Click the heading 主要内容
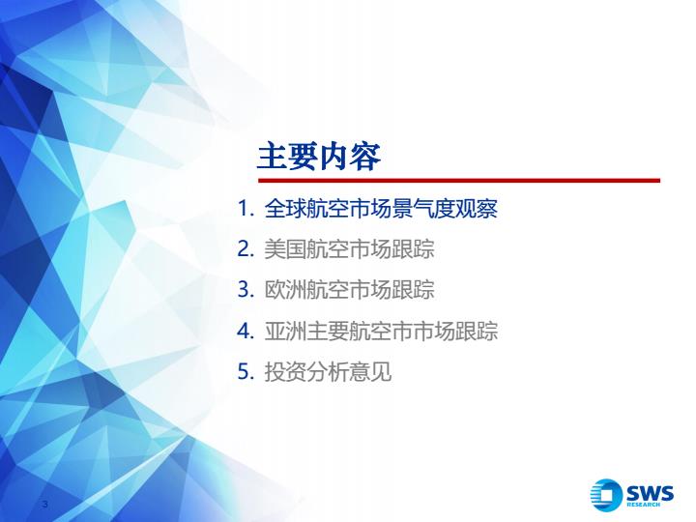point(319,157)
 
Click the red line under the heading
point(459,181)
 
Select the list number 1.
point(246,208)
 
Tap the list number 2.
point(246,249)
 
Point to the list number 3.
point(246,289)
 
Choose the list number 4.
point(246,331)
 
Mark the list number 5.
point(246,371)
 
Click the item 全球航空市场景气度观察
point(381,208)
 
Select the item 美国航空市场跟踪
point(349,249)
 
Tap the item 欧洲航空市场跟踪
point(349,289)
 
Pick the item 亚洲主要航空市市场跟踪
point(381,331)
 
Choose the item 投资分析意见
point(328,371)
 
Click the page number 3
point(44,504)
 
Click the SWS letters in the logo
point(650,493)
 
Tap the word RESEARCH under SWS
point(643,505)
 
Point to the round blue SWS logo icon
point(606,495)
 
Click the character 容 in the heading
point(365,157)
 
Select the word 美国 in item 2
point(285,249)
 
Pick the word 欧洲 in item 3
point(285,289)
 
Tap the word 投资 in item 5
point(285,371)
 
